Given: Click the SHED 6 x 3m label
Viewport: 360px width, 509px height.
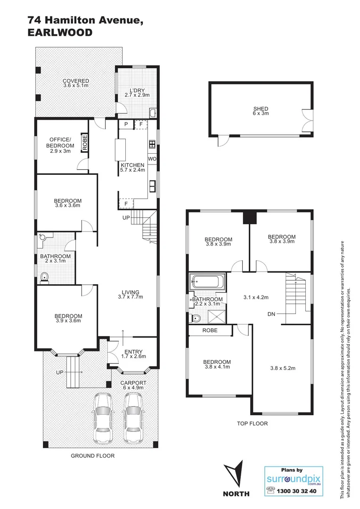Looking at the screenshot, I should (261, 111).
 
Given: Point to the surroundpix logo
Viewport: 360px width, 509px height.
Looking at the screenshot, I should (294, 480).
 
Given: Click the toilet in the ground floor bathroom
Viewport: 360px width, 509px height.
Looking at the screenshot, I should (44, 278).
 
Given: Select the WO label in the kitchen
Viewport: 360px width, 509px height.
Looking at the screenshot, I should (152, 159).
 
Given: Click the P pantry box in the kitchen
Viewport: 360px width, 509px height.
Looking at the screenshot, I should (126, 124).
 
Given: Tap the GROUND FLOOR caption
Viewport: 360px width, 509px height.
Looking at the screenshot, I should (92, 456).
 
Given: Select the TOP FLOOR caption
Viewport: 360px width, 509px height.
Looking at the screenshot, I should (252, 424).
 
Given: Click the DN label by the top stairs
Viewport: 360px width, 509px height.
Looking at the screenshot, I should (271, 313).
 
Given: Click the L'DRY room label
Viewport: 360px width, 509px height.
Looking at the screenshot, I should (136, 92).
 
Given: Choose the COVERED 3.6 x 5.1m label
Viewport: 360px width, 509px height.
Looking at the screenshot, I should (76, 83).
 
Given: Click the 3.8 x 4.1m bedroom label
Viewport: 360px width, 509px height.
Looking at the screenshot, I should (217, 365).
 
